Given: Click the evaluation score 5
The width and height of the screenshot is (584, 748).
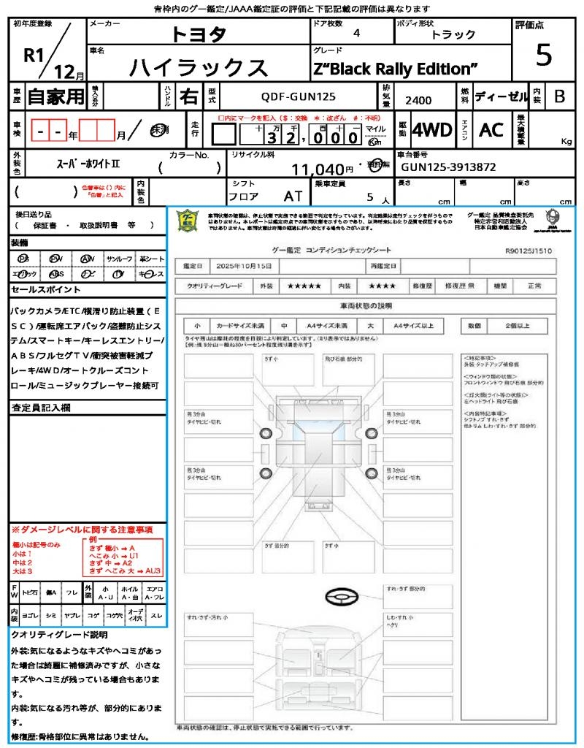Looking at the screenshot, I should (543, 55).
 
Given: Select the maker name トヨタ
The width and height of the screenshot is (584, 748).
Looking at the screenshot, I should (199, 34).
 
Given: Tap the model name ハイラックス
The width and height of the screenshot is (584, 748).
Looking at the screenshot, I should (199, 67).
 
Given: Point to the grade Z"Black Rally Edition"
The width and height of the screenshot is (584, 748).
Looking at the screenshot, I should (396, 69).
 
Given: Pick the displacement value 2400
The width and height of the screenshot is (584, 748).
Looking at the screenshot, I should (418, 101).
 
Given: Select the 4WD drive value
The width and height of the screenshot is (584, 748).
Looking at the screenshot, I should (431, 130).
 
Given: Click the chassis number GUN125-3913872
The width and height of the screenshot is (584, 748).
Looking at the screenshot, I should (448, 167).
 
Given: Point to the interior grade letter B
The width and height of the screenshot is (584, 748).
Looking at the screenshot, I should (559, 96).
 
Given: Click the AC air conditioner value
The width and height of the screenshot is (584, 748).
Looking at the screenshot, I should (491, 130).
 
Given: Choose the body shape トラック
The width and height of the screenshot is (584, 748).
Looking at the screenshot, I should (453, 34).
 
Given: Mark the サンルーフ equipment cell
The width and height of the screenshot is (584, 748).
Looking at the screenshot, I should (120, 259).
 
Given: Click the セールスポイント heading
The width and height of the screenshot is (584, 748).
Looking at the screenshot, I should (39, 290).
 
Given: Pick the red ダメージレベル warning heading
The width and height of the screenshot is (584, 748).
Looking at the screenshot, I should (82, 529).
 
